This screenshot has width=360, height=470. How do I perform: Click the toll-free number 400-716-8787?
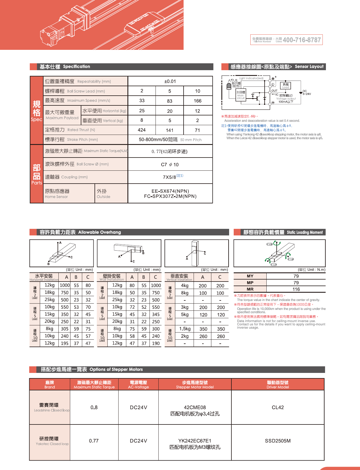click(x=302, y=40)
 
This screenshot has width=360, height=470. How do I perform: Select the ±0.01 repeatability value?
click(x=170, y=81)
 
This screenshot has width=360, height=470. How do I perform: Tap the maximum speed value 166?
click(x=198, y=101)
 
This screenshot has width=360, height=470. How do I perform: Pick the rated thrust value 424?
click(x=142, y=130)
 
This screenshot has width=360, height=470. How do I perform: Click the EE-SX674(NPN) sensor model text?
click(x=170, y=191)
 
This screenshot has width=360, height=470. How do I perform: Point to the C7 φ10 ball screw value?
click(x=170, y=164)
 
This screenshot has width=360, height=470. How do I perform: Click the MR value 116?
click(x=296, y=289)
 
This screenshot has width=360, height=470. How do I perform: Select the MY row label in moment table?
click(x=250, y=276)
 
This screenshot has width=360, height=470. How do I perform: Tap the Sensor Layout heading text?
click(x=309, y=66)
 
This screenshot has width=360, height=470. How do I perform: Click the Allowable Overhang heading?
click(x=99, y=232)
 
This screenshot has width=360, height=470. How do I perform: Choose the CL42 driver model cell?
click(x=278, y=407)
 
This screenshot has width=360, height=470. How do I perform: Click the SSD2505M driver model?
click(x=278, y=441)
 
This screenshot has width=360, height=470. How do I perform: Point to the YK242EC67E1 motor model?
click(x=195, y=441)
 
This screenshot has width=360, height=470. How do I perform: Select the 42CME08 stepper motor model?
click(x=195, y=407)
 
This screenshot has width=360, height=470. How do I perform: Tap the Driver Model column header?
click(x=278, y=385)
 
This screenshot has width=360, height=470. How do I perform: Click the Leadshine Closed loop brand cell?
click(x=50, y=407)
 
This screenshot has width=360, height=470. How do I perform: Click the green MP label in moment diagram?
click(x=291, y=259)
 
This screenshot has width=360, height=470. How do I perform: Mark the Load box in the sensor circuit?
click(x=286, y=86)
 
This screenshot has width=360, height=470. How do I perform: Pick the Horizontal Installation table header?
click(x=44, y=277)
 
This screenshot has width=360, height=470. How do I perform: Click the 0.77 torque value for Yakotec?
click(x=94, y=441)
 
